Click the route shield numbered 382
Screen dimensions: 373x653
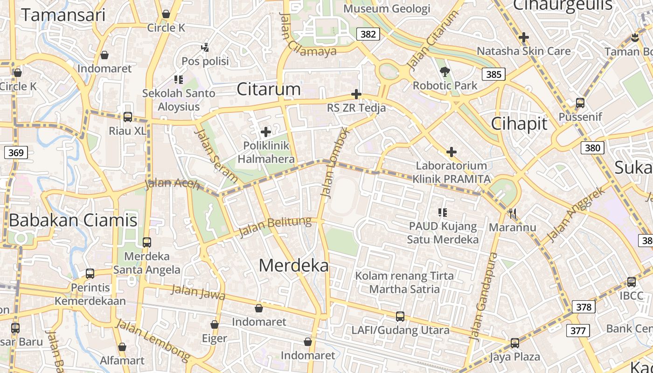click(x=368, y=34)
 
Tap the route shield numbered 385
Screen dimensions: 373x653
click(x=493, y=74)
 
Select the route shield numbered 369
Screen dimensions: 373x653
click(x=16, y=152)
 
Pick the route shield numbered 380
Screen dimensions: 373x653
click(x=592, y=148)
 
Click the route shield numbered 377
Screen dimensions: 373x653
click(x=578, y=331)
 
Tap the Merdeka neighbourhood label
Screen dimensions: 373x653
click(x=293, y=266)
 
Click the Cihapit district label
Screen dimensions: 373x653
click(x=519, y=124)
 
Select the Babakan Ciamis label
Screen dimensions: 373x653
click(x=73, y=220)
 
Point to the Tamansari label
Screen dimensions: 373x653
click(x=63, y=15)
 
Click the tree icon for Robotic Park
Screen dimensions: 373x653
click(x=445, y=72)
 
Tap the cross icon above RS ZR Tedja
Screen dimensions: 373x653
click(x=356, y=95)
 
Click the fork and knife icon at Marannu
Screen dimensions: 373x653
click(x=513, y=214)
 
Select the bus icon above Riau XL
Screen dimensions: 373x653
click(x=127, y=117)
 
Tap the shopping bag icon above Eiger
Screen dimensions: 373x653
click(x=215, y=325)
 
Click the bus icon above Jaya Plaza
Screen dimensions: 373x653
click(x=514, y=343)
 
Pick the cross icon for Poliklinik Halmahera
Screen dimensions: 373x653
click(x=266, y=132)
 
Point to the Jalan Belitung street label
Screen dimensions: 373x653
click(x=275, y=226)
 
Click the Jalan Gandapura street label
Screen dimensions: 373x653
click(x=483, y=296)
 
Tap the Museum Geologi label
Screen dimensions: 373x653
click(x=387, y=8)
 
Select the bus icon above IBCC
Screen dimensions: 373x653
click(x=631, y=282)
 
